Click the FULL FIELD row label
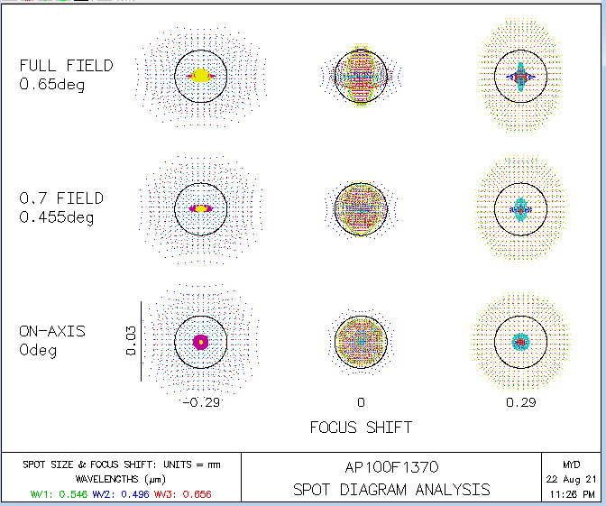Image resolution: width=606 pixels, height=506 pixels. [x=67, y=66]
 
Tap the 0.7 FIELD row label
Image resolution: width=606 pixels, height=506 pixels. [x=61, y=198]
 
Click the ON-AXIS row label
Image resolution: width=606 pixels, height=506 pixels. [x=52, y=331]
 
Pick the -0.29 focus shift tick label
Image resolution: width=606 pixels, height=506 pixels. [x=200, y=401]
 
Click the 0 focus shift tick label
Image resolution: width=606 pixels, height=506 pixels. [x=361, y=401]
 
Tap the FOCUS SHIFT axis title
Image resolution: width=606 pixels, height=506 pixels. [x=361, y=427]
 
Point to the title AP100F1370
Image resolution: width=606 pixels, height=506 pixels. [x=390, y=468]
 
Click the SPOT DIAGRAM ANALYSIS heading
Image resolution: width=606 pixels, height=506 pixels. [x=391, y=490]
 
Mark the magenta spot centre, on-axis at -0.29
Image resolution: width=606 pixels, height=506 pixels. [x=200, y=341]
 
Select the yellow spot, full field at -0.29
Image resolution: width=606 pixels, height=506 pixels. [x=200, y=76]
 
